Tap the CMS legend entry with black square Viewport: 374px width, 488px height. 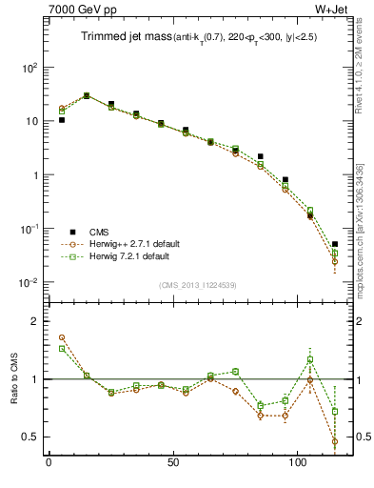point(99,232)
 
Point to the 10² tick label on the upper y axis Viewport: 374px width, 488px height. point(30,68)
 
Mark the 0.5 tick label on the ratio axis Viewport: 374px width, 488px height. point(29,437)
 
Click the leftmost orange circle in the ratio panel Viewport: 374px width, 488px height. point(62,337)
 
